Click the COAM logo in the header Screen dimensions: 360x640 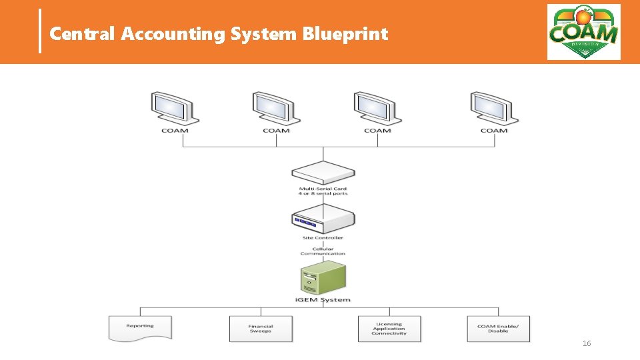(x=583, y=32)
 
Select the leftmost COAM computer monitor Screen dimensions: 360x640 (x=175, y=108)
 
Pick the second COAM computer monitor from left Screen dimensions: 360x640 (x=276, y=108)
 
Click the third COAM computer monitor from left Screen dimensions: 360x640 (x=377, y=108)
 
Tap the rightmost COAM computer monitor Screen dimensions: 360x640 (x=493, y=108)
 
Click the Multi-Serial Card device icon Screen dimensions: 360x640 (x=323, y=173)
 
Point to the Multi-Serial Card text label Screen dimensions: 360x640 (x=323, y=191)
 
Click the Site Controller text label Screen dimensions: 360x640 (x=323, y=238)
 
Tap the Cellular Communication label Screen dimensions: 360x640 (x=323, y=251)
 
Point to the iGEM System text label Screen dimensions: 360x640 (x=323, y=300)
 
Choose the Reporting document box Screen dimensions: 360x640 (x=140, y=327)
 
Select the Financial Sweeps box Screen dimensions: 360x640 (x=261, y=329)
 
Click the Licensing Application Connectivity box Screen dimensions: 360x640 (x=389, y=329)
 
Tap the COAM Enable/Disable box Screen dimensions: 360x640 (x=498, y=329)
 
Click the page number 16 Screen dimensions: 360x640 (x=587, y=343)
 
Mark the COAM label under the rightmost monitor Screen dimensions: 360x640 (x=493, y=131)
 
